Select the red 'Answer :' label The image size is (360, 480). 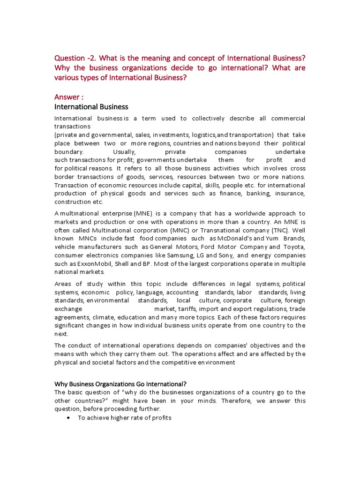click(x=69, y=97)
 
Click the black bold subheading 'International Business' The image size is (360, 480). click(x=91, y=107)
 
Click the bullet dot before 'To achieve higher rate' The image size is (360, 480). click(x=69, y=418)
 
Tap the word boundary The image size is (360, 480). click(x=69, y=152)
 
